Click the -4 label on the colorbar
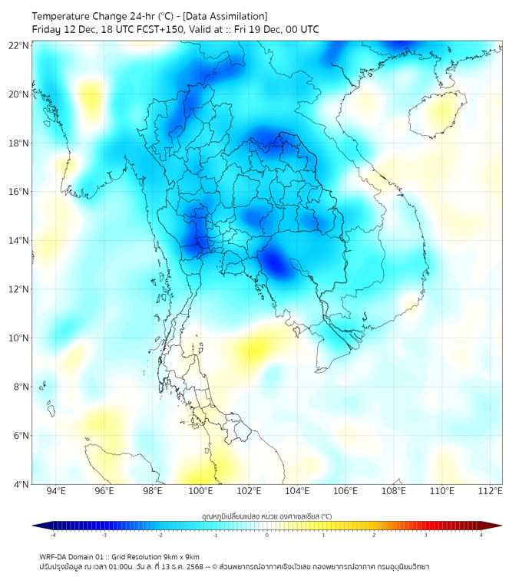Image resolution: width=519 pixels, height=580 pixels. (53, 535)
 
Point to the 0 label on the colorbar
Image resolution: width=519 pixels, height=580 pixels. (267, 535)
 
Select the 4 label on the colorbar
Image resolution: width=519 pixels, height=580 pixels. (481, 535)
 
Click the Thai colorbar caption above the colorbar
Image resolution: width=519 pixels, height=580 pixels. (266, 516)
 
